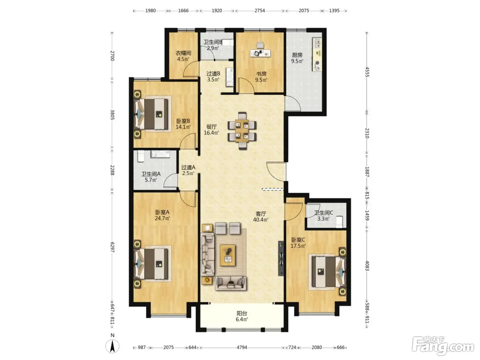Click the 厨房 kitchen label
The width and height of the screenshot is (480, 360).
click(297, 55)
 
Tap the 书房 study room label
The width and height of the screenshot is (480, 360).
click(261, 74)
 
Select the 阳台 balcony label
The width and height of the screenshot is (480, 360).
click(242, 313)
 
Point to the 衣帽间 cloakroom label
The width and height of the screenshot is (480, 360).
click(183, 53)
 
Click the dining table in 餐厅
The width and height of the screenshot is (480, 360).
click(242, 131)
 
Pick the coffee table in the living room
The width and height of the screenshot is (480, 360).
click(228, 255)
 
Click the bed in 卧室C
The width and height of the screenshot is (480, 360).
click(327, 272)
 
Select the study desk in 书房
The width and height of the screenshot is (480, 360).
click(261, 53)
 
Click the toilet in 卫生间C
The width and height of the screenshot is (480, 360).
click(339, 222)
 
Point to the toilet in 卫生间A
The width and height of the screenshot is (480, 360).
click(140, 156)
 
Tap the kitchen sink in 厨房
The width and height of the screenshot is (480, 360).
click(317, 43)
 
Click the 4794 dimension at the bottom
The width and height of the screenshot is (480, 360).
click(242, 347)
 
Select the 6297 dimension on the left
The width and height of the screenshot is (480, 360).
click(112, 247)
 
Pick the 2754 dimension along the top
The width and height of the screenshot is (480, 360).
click(260, 11)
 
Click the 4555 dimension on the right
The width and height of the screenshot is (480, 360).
click(367, 72)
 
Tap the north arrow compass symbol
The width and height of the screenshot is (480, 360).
click(112, 346)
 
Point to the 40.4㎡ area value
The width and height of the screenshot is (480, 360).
click(261, 220)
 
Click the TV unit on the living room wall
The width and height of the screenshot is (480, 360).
click(281, 259)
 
